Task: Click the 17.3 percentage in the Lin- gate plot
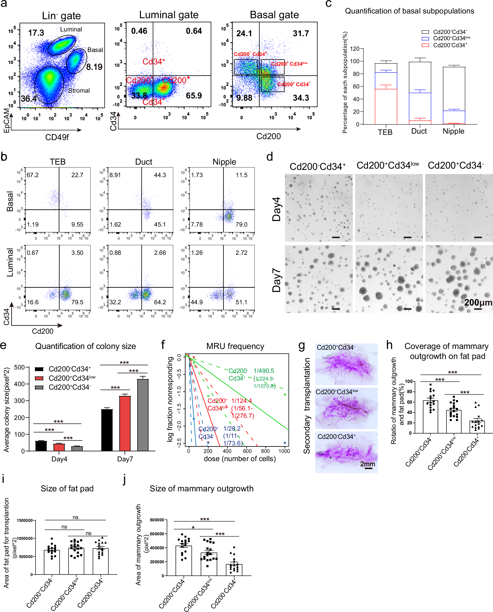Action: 36,33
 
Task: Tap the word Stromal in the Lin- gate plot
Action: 79,90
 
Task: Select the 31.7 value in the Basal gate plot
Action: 301,33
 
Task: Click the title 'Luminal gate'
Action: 169,15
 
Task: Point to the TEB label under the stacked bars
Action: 385,132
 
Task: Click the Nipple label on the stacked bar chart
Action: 453,131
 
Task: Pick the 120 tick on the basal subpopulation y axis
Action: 355,49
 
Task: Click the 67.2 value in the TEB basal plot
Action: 33,175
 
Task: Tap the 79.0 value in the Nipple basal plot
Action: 241,225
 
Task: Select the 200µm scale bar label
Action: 478,303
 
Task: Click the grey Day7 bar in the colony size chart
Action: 143,415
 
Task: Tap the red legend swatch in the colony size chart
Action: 39,378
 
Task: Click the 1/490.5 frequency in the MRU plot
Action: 264,371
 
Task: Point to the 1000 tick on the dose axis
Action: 284,451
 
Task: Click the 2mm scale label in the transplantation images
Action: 368,464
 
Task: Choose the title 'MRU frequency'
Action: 235,346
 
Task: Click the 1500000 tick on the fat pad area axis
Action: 25,520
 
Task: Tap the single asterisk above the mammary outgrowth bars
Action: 193,528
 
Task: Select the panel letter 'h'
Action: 389,345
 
